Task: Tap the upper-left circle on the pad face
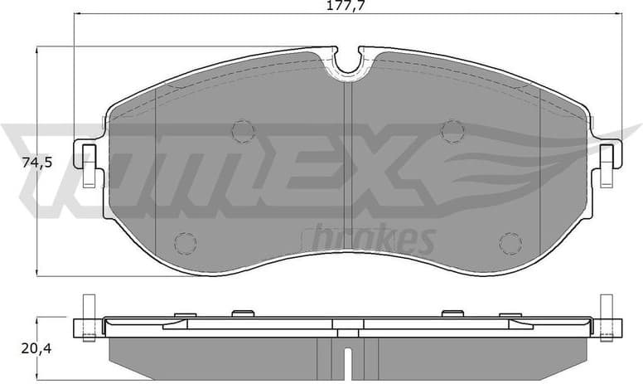tap(241, 130)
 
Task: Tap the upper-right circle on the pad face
tap(452, 130)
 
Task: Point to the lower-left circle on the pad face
tap(185, 242)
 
